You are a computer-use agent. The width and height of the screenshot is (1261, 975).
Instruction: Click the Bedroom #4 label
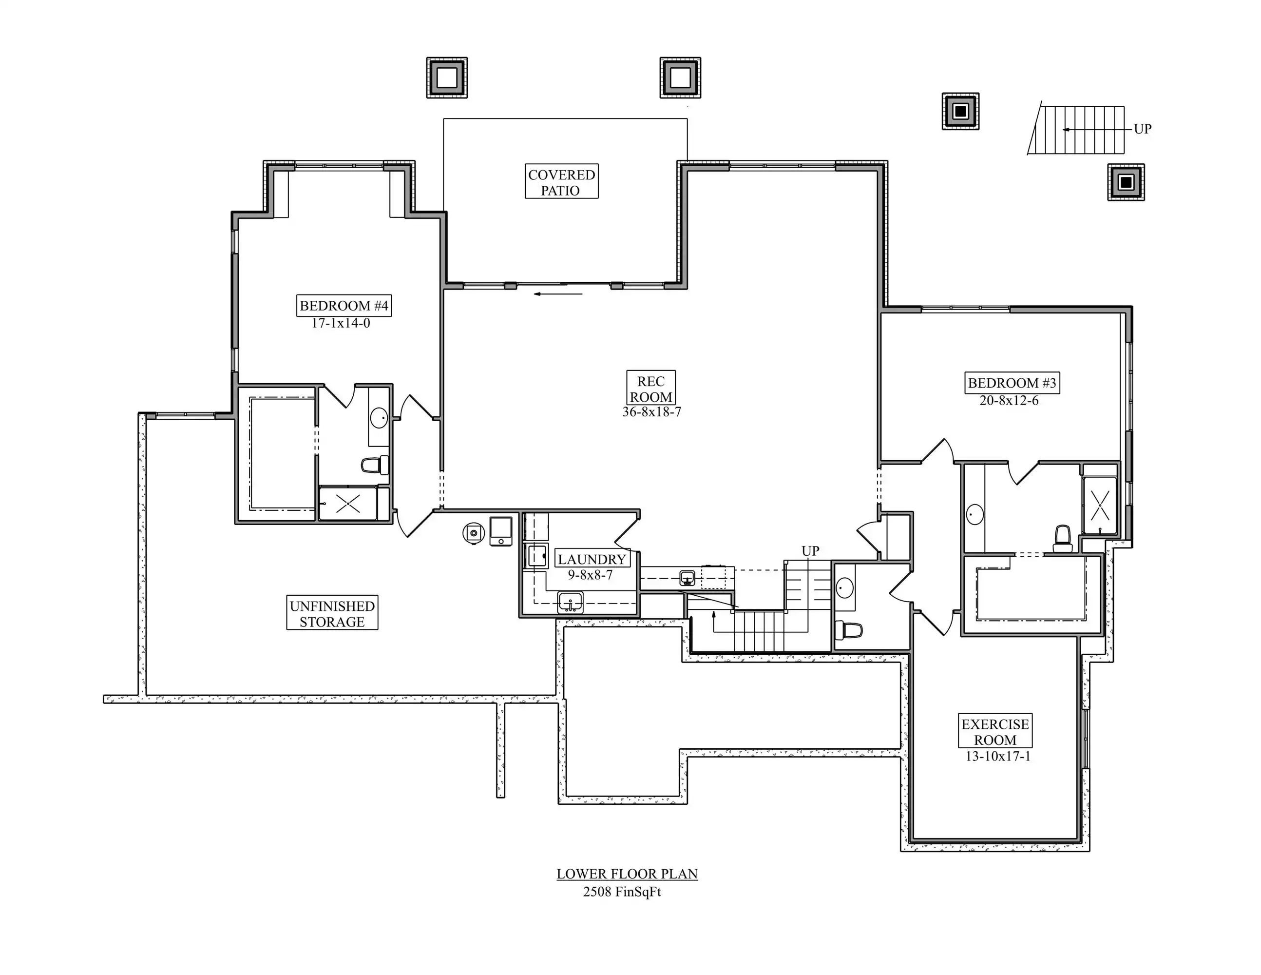click(x=344, y=306)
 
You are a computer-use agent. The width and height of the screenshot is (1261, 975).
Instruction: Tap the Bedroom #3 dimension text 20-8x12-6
click(x=1009, y=400)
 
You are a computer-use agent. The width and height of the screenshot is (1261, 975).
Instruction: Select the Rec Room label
click(x=650, y=389)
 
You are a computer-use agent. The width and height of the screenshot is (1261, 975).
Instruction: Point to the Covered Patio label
click(x=561, y=182)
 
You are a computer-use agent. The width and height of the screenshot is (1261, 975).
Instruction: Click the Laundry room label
click(x=592, y=559)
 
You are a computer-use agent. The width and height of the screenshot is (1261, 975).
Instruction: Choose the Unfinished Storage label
click(x=332, y=613)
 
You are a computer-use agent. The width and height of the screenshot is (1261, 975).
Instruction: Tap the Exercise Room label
click(x=995, y=732)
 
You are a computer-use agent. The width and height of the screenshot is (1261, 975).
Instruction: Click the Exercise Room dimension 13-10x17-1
click(x=998, y=756)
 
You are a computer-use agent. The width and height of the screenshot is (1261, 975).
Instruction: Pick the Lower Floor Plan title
click(x=627, y=874)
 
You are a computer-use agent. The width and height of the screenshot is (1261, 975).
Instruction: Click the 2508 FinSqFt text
click(x=622, y=892)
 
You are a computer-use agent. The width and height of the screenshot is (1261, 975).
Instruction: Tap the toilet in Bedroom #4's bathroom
click(x=375, y=465)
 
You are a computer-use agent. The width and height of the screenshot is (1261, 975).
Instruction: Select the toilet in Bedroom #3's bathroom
click(x=1063, y=538)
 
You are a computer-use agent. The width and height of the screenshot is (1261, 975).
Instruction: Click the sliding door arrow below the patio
click(x=558, y=294)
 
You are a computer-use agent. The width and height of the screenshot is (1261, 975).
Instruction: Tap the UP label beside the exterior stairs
click(x=1143, y=129)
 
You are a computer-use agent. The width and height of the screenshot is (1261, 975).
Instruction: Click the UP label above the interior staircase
click(x=810, y=551)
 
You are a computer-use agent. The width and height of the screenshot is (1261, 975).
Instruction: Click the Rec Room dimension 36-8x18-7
click(x=651, y=412)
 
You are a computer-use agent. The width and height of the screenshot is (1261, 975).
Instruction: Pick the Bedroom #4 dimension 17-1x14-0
click(x=341, y=323)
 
